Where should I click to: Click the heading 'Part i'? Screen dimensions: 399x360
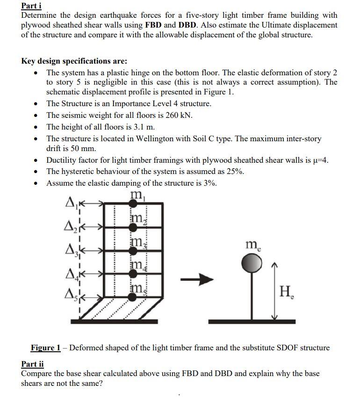(x=32, y=6)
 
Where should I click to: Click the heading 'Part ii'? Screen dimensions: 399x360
(x=32, y=364)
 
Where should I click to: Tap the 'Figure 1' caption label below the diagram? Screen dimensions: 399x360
(x=45, y=348)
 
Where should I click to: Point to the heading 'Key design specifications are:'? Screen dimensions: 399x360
(x=74, y=61)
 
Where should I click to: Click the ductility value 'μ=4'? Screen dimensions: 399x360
(x=319, y=160)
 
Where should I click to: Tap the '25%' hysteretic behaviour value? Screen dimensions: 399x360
(x=235, y=171)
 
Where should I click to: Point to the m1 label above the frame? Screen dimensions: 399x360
(x=137, y=195)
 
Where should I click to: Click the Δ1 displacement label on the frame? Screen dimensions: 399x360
(x=71, y=203)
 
